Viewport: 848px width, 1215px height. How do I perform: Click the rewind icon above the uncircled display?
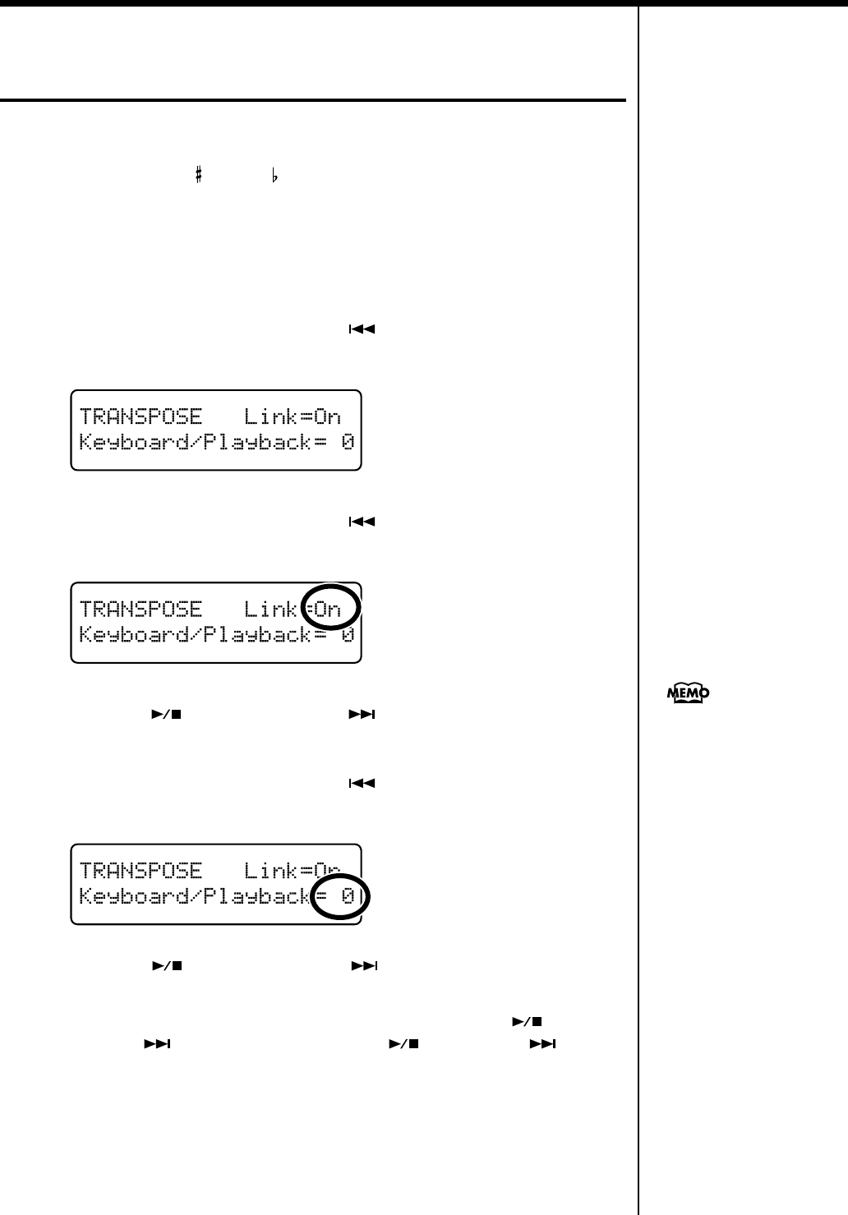coord(362,329)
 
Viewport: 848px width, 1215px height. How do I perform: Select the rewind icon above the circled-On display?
coord(362,521)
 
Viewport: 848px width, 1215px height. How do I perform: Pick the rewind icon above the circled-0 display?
coord(362,783)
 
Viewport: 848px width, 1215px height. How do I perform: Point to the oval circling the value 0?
coord(340,896)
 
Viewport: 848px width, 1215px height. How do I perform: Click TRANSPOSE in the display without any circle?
coord(141,417)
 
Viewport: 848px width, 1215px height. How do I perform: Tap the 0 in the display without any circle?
coord(348,443)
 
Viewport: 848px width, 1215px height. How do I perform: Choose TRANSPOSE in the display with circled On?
coord(141,609)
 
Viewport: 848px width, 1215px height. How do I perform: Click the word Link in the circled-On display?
coord(271,609)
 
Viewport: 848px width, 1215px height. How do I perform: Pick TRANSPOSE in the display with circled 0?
coord(141,870)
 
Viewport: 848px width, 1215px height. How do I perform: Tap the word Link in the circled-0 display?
coord(271,870)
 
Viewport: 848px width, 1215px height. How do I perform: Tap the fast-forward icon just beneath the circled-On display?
coord(362,714)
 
